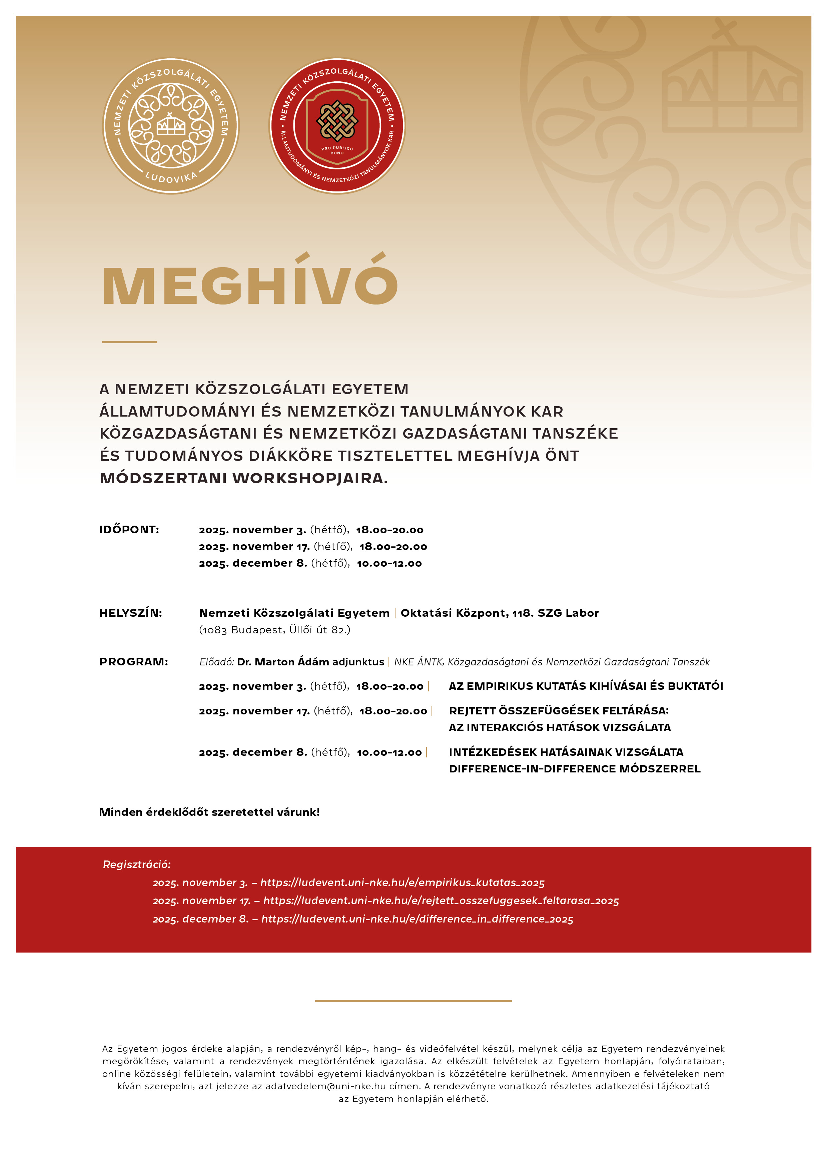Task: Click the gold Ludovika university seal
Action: point(171,125)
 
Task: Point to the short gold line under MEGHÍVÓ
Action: point(129,342)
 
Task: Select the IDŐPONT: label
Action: point(129,529)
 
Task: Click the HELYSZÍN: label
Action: point(130,613)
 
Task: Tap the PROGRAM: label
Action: point(133,662)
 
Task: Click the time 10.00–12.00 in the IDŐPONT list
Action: point(389,564)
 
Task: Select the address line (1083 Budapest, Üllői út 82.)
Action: point(275,630)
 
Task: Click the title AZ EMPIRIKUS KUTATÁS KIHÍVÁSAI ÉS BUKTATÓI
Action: point(586,686)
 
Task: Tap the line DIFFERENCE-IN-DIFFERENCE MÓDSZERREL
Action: point(575,769)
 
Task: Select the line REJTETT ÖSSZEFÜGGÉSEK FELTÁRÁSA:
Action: point(559,711)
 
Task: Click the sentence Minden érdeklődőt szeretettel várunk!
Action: point(209,812)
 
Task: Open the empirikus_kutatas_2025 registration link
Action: point(402,883)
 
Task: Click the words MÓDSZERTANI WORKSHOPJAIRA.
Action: point(243,478)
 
